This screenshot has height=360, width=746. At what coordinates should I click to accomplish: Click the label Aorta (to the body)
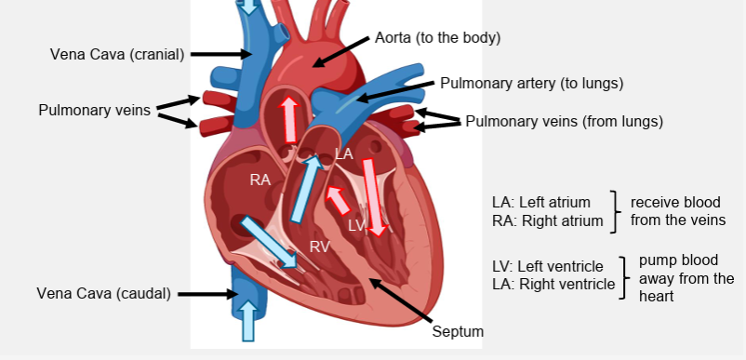[x=437, y=38]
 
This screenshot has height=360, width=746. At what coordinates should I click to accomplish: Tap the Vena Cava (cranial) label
[x=116, y=54]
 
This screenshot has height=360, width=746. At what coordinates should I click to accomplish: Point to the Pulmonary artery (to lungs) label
[x=531, y=83]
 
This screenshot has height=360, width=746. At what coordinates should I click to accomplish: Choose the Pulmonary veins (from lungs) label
[x=564, y=121]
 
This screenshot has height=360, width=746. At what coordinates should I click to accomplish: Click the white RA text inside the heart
[x=260, y=180]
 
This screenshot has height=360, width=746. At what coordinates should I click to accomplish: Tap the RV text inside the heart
[x=319, y=247]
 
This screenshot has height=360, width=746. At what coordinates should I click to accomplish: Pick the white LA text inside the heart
[x=342, y=153]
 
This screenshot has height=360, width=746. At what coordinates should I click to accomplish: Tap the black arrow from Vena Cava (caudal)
[x=209, y=294]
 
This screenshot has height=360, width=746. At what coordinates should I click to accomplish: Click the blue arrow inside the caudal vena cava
[x=247, y=318]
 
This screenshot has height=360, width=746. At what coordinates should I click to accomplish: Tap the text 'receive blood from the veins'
[x=677, y=210]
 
